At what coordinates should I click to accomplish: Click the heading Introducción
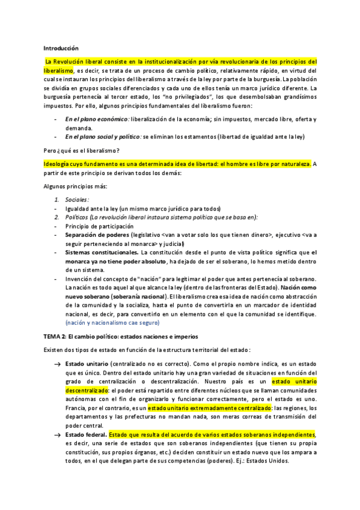(x=61, y=48)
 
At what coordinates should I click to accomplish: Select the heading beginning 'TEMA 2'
(x=120, y=336)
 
